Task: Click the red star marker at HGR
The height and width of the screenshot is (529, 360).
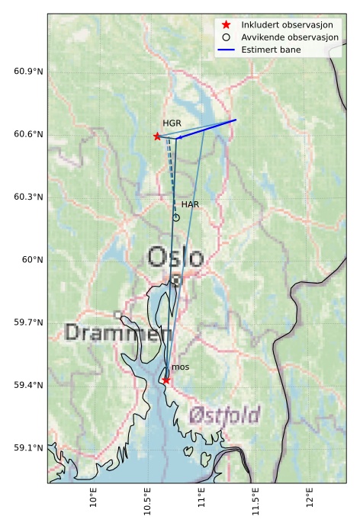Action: [x=157, y=136]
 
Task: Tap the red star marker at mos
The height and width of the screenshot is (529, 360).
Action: [x=166, y=380]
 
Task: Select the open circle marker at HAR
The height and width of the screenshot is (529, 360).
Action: [x=176, y=217]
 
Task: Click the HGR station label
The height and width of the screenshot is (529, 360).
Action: [x=172, y=123]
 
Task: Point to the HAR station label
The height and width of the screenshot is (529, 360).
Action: [x=190, y=204]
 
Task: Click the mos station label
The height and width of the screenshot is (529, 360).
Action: [x=180, y=367]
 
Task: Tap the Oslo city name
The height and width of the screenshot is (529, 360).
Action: [x=175, y=258]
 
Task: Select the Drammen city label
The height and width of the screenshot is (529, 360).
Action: [x=118, y=333]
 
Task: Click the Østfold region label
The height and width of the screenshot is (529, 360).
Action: [x=224, y=416]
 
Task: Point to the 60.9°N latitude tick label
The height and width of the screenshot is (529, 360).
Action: [x=29, y=72]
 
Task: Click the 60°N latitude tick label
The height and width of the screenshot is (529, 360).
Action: [x=33, y=260]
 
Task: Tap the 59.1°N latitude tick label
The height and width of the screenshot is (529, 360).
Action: [x=29, y=448]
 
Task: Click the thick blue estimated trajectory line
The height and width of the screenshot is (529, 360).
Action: [x=207, y=129]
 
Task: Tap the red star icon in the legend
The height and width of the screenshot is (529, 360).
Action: [x=227, y=25]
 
